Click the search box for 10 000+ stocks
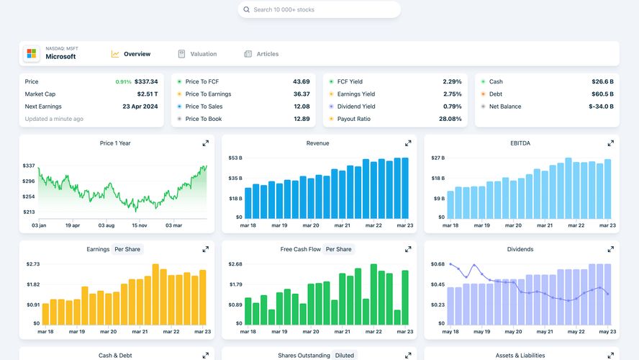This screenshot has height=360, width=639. (x=319, y=9)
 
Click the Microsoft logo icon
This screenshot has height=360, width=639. (x=32, y=54)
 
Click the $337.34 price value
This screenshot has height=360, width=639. (x=146, y=82)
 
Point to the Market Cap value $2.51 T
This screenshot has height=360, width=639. (x=148, y=94)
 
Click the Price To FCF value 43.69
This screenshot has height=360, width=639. (x=301, y=82)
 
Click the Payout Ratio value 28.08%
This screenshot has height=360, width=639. (x=450, y=119)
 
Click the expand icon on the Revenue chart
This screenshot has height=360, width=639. (x=408, y=143)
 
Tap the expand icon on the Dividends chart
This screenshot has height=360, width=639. (x=611, y=249)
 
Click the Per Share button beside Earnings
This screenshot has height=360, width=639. (x=128, y=249)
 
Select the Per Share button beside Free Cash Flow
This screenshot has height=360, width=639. (x=338, y=249)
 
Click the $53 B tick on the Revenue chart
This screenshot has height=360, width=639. (x=235, y=158)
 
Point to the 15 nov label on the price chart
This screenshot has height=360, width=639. (x=139, y=225)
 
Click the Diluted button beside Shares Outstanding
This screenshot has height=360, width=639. (x=344, y=355)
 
